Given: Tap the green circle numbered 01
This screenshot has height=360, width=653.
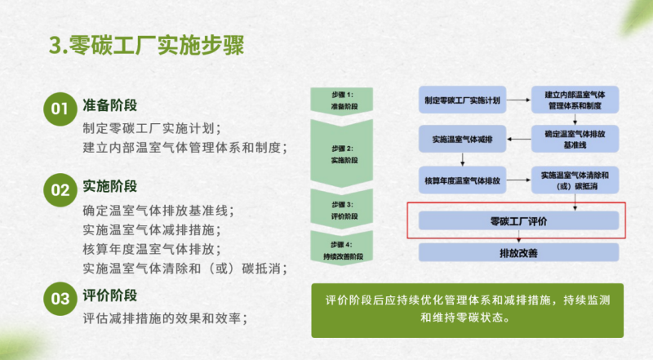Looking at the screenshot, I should tap(60, 109).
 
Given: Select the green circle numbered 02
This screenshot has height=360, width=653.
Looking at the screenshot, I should tap(60, 190).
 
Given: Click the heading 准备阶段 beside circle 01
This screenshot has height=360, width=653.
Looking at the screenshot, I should tap(109, 105).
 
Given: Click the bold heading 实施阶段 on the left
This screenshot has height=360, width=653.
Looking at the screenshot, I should tap(109, 186).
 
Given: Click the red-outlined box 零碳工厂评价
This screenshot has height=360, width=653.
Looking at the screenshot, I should tap(518, 220).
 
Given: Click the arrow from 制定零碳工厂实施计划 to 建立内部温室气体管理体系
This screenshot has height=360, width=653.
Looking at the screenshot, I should tap(519, 100).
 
